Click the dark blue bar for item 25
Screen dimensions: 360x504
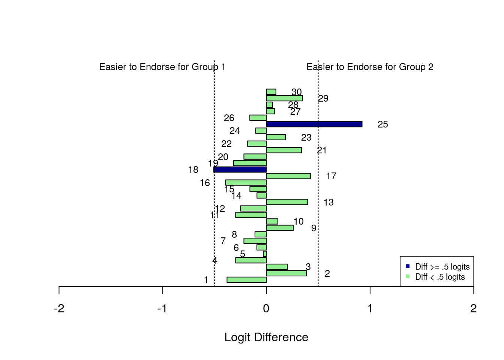(x=314, y=124)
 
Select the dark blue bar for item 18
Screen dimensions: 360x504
(x=240, y=169)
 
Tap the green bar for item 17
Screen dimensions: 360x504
(x=288, y=176)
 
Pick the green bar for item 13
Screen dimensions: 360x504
(x=287, y=202)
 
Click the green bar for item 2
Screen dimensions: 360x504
(x=286, y=273)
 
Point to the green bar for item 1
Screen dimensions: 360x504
(x=246, y=280)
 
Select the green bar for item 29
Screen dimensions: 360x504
(x=284, y=98)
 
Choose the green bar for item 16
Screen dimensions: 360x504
(x=246, y=183)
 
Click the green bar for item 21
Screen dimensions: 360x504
(x=284, y=150)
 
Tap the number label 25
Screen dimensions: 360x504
(x=382, y=124)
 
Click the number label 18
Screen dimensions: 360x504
(x=193, y=170)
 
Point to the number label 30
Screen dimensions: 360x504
(x=296, y=92)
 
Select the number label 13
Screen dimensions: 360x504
(x=328, y=202)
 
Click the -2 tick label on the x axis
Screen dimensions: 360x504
(x=59, y=309)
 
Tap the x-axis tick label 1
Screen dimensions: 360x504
(x=370, y=309)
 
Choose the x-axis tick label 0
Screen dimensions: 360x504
(x=266, y=309)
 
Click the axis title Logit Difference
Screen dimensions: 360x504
(x=266, y=337)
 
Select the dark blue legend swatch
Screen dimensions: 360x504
(x=408, y=267)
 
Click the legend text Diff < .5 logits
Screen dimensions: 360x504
(x=440, y=277)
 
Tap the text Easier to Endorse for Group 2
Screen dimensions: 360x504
(x=370, y=67)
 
